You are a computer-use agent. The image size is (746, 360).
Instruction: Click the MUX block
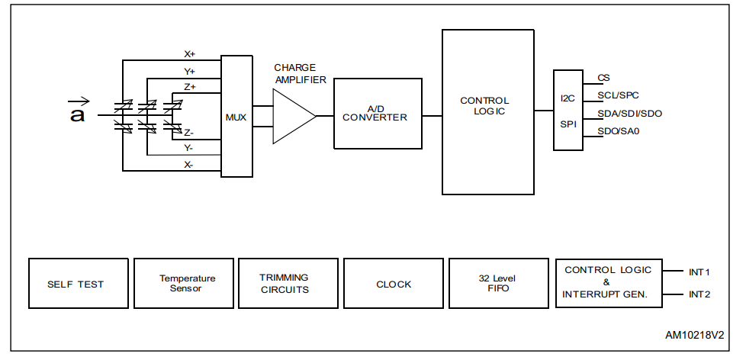click(236, 117)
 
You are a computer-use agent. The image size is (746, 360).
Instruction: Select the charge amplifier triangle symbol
click(292, 117)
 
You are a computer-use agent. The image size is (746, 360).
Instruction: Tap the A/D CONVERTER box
click(377, 113)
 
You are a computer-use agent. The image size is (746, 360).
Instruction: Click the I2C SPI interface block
click(568, 110)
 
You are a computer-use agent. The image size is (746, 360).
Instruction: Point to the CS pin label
click(603, 78)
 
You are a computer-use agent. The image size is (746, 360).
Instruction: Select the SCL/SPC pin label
click(618, 95)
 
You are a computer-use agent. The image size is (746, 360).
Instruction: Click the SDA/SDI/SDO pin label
click(629, 114)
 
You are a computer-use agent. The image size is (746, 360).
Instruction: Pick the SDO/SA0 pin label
click(618, 131)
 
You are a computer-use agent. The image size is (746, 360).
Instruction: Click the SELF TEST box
click(78, 284)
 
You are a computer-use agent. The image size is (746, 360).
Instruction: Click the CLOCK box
click(394, 284)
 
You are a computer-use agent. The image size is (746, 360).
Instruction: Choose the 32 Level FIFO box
click(499, 284)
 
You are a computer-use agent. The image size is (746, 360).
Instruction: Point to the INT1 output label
click(699, 272)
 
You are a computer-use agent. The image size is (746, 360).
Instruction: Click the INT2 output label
click(699, 294)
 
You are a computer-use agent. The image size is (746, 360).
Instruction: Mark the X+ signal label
click(189, 54)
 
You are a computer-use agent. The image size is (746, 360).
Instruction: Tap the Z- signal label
click(188, 132)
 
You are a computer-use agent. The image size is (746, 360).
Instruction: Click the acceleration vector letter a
click(77, 114)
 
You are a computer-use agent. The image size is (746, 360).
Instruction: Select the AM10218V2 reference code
click(693, 335)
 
